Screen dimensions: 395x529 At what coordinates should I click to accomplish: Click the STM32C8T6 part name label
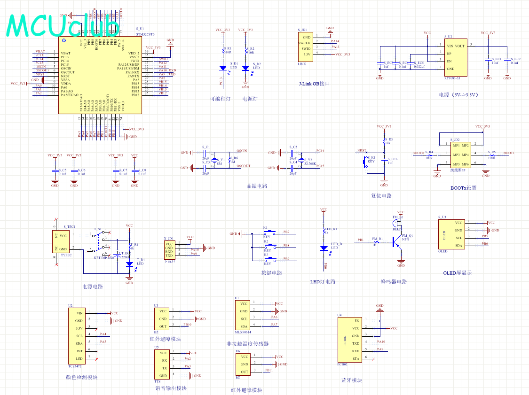point(145,34)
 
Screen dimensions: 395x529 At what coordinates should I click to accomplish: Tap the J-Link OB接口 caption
point(315,84)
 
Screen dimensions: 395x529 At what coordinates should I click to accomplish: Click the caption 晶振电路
point(257,186)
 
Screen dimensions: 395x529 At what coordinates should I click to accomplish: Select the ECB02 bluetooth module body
point(349,339)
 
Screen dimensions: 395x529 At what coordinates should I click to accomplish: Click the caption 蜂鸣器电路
point(394,282)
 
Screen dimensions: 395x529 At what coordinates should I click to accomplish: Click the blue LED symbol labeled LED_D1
point(324,248)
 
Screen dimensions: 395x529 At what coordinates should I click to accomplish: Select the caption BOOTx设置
point(463,188)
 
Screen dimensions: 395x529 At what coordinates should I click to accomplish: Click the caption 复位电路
point(381,196)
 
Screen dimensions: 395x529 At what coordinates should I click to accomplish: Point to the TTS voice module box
point(163,364)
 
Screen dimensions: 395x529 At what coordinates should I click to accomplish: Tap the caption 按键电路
point(272,273)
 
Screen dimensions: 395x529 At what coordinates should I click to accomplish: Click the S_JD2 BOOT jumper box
point(460,155)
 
